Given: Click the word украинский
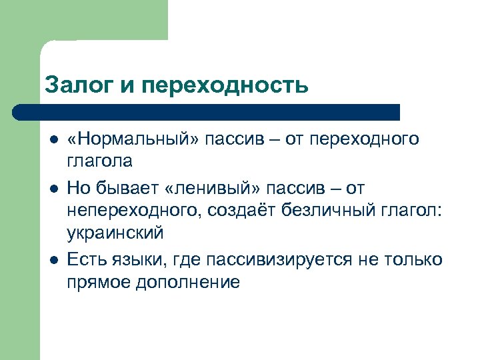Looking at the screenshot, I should tap(115, 234).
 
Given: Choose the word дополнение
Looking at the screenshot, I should tap(188, 282).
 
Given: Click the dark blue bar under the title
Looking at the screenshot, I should tap(207, 111).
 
